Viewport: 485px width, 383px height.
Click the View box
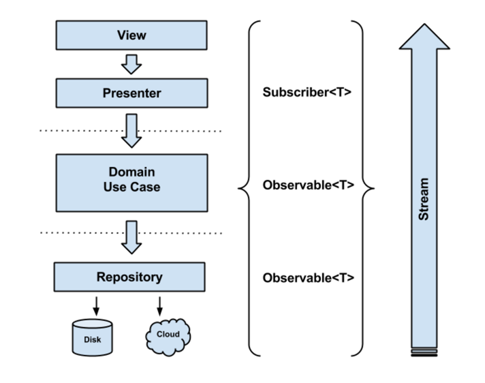click(x=130, y=35)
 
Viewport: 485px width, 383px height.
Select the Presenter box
click(x=130, y=93)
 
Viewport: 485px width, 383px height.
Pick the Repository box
click(x=130, y=277)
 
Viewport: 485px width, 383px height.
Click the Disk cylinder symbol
click(x=91, y=337)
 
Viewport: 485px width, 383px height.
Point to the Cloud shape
click(x=168, y=335)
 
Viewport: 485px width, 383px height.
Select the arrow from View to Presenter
click(x=130, y=63)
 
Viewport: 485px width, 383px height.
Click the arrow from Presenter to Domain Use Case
click(x=130, y=129)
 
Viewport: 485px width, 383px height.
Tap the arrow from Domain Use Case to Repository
click(x=130, y=236)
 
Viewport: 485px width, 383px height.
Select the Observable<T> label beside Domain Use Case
click(x=308, y=185)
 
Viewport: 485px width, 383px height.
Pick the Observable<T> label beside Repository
click(x=308, y=278)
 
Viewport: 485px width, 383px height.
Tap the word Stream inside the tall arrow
click(x=423, y=199)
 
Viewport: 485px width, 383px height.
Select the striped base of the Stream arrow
click(x=423, y=352)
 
